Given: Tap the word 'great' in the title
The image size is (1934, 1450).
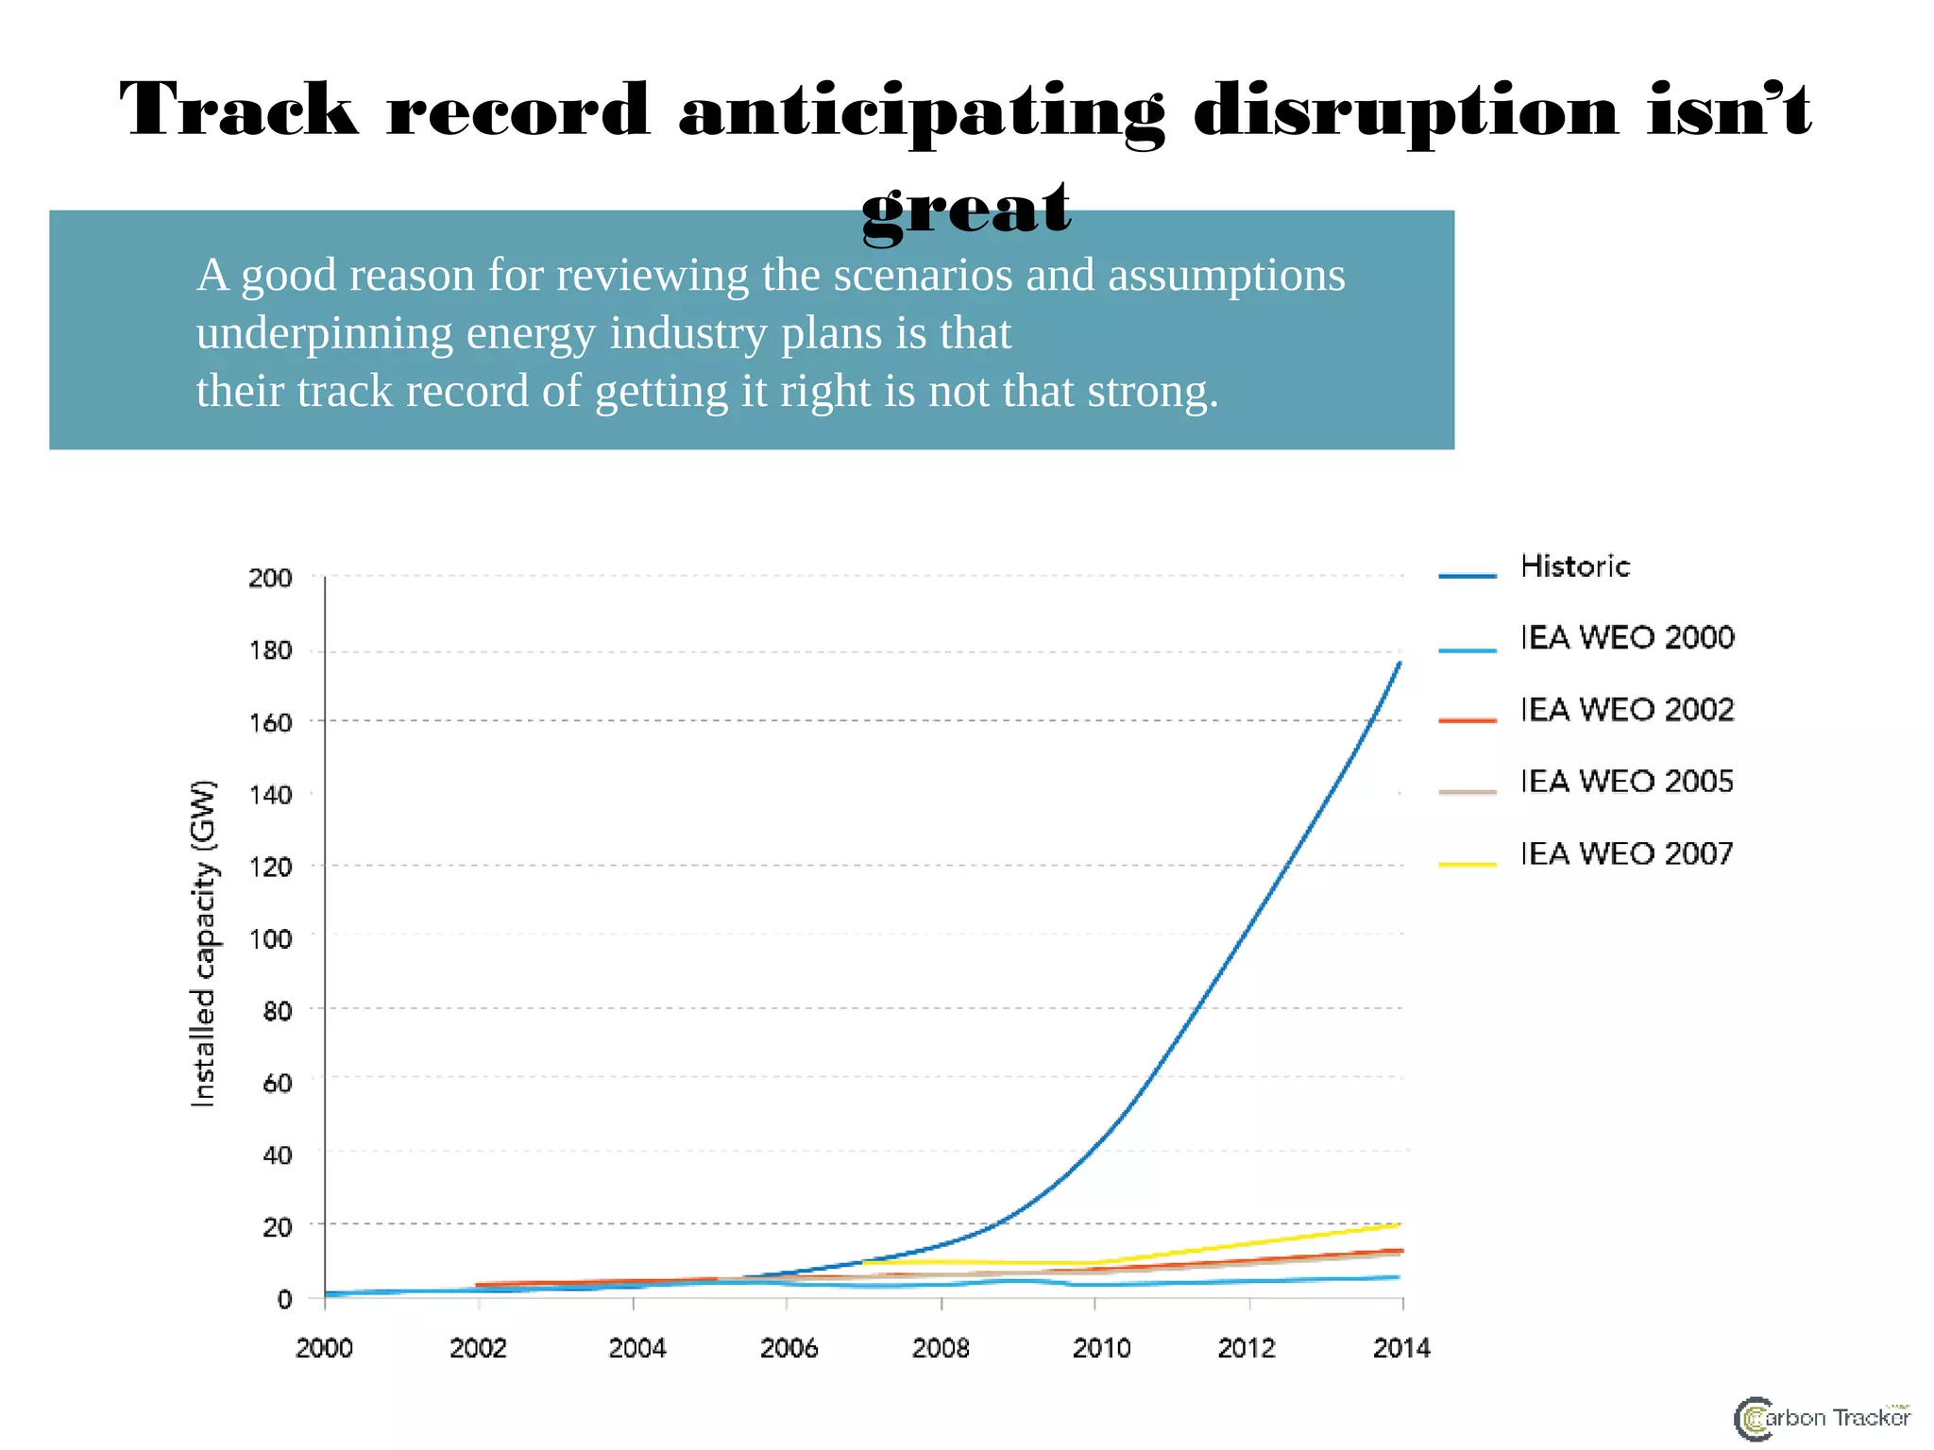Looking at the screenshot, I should [x=966, y=210].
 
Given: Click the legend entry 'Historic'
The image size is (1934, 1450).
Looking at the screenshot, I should [x=1574, y=566].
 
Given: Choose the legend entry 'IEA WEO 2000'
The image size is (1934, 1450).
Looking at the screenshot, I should [x=1626, y=638].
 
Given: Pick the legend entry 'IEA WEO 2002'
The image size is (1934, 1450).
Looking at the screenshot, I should [x=1626, y=710].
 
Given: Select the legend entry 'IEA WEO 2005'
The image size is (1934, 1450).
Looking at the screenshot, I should [x=1626, y=782].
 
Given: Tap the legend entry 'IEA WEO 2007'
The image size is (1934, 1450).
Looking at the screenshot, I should [x=1626, y=854].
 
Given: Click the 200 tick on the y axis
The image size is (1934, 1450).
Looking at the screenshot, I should [x=270, y=578].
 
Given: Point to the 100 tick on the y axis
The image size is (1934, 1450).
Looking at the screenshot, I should [x=270, y=939].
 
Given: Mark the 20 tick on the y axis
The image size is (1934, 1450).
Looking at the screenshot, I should [x=277, y=1227].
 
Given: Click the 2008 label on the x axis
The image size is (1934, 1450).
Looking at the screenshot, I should [x=941, y=1348].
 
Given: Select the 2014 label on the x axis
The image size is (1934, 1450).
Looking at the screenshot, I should [x=1401, y=1348].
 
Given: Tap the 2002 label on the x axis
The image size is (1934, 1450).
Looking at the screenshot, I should [x=478, y=1348].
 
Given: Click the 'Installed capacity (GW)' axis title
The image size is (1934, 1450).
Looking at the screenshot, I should [x=204, y=943].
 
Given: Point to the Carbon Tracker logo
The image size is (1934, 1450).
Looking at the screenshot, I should [x=1822, y=1418].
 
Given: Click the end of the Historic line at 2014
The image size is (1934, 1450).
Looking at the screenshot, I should [x=1400, y=664].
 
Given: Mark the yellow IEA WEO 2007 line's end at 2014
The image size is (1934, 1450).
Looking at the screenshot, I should [x=1399, y=1225].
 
